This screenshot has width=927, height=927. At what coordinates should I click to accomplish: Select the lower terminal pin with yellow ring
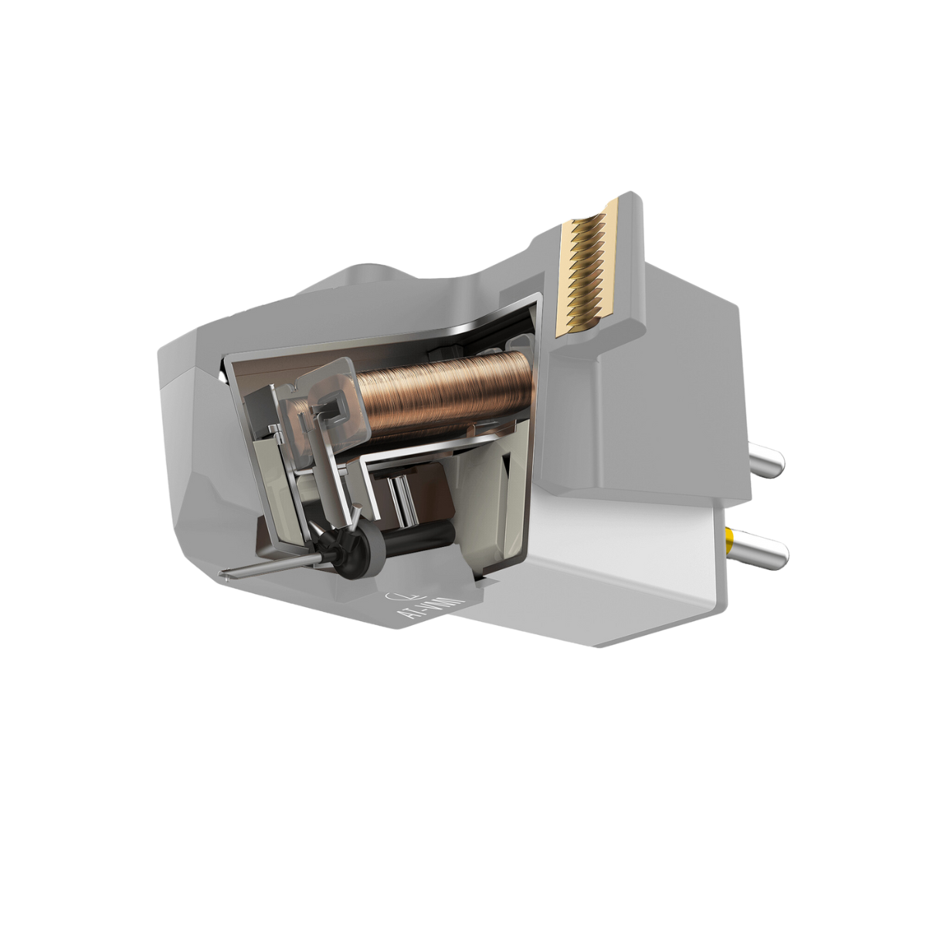pyautogui.click(x=761, y=548)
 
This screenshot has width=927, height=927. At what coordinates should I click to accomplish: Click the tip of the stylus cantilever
pyautogui.click(x=225, y=573)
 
